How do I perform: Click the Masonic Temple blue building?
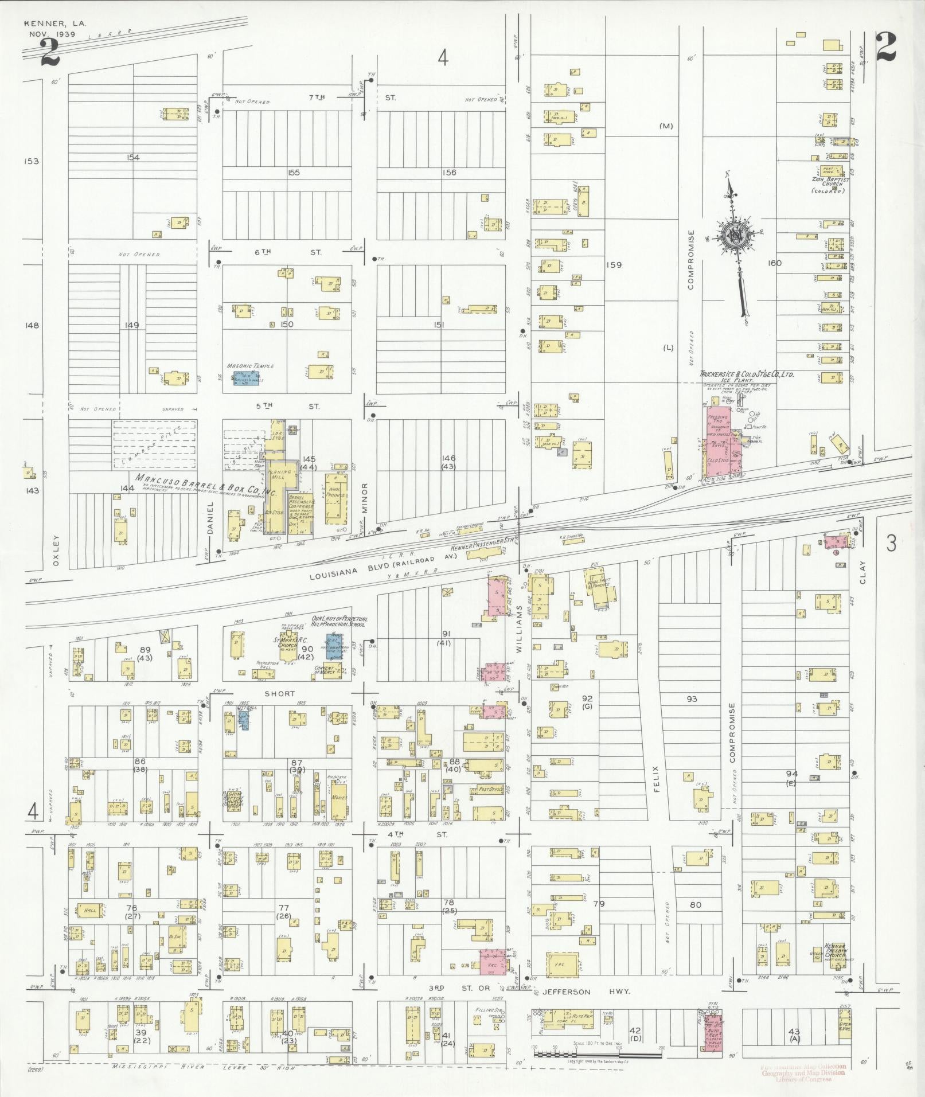click(x=245, y=379)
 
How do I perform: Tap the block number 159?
click(x=615, y=265)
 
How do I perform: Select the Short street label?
click(x=279, y=693)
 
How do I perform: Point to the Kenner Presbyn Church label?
click(x=835, y=950)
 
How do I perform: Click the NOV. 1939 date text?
click(x=54, y=34)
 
